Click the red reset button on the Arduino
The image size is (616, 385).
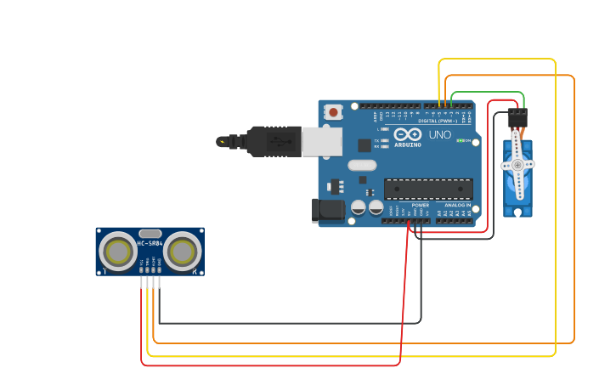334,111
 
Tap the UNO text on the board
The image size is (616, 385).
440,135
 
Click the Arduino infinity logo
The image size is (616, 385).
408,135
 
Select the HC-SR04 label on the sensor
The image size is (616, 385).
150,244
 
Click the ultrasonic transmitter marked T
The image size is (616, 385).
117,252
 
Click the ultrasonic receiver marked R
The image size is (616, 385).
183,252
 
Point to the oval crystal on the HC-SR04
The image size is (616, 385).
150,233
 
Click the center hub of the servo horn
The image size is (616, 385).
517,164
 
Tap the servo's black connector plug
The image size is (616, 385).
517,117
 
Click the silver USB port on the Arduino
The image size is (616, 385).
321,142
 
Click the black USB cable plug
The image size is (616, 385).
274,141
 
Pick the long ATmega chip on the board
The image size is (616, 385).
428,189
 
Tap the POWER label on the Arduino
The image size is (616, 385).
421,205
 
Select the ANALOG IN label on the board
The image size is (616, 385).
457,205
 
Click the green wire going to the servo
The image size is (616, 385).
488,93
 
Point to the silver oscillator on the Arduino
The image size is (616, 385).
361,166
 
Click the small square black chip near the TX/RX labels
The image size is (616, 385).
364,145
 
